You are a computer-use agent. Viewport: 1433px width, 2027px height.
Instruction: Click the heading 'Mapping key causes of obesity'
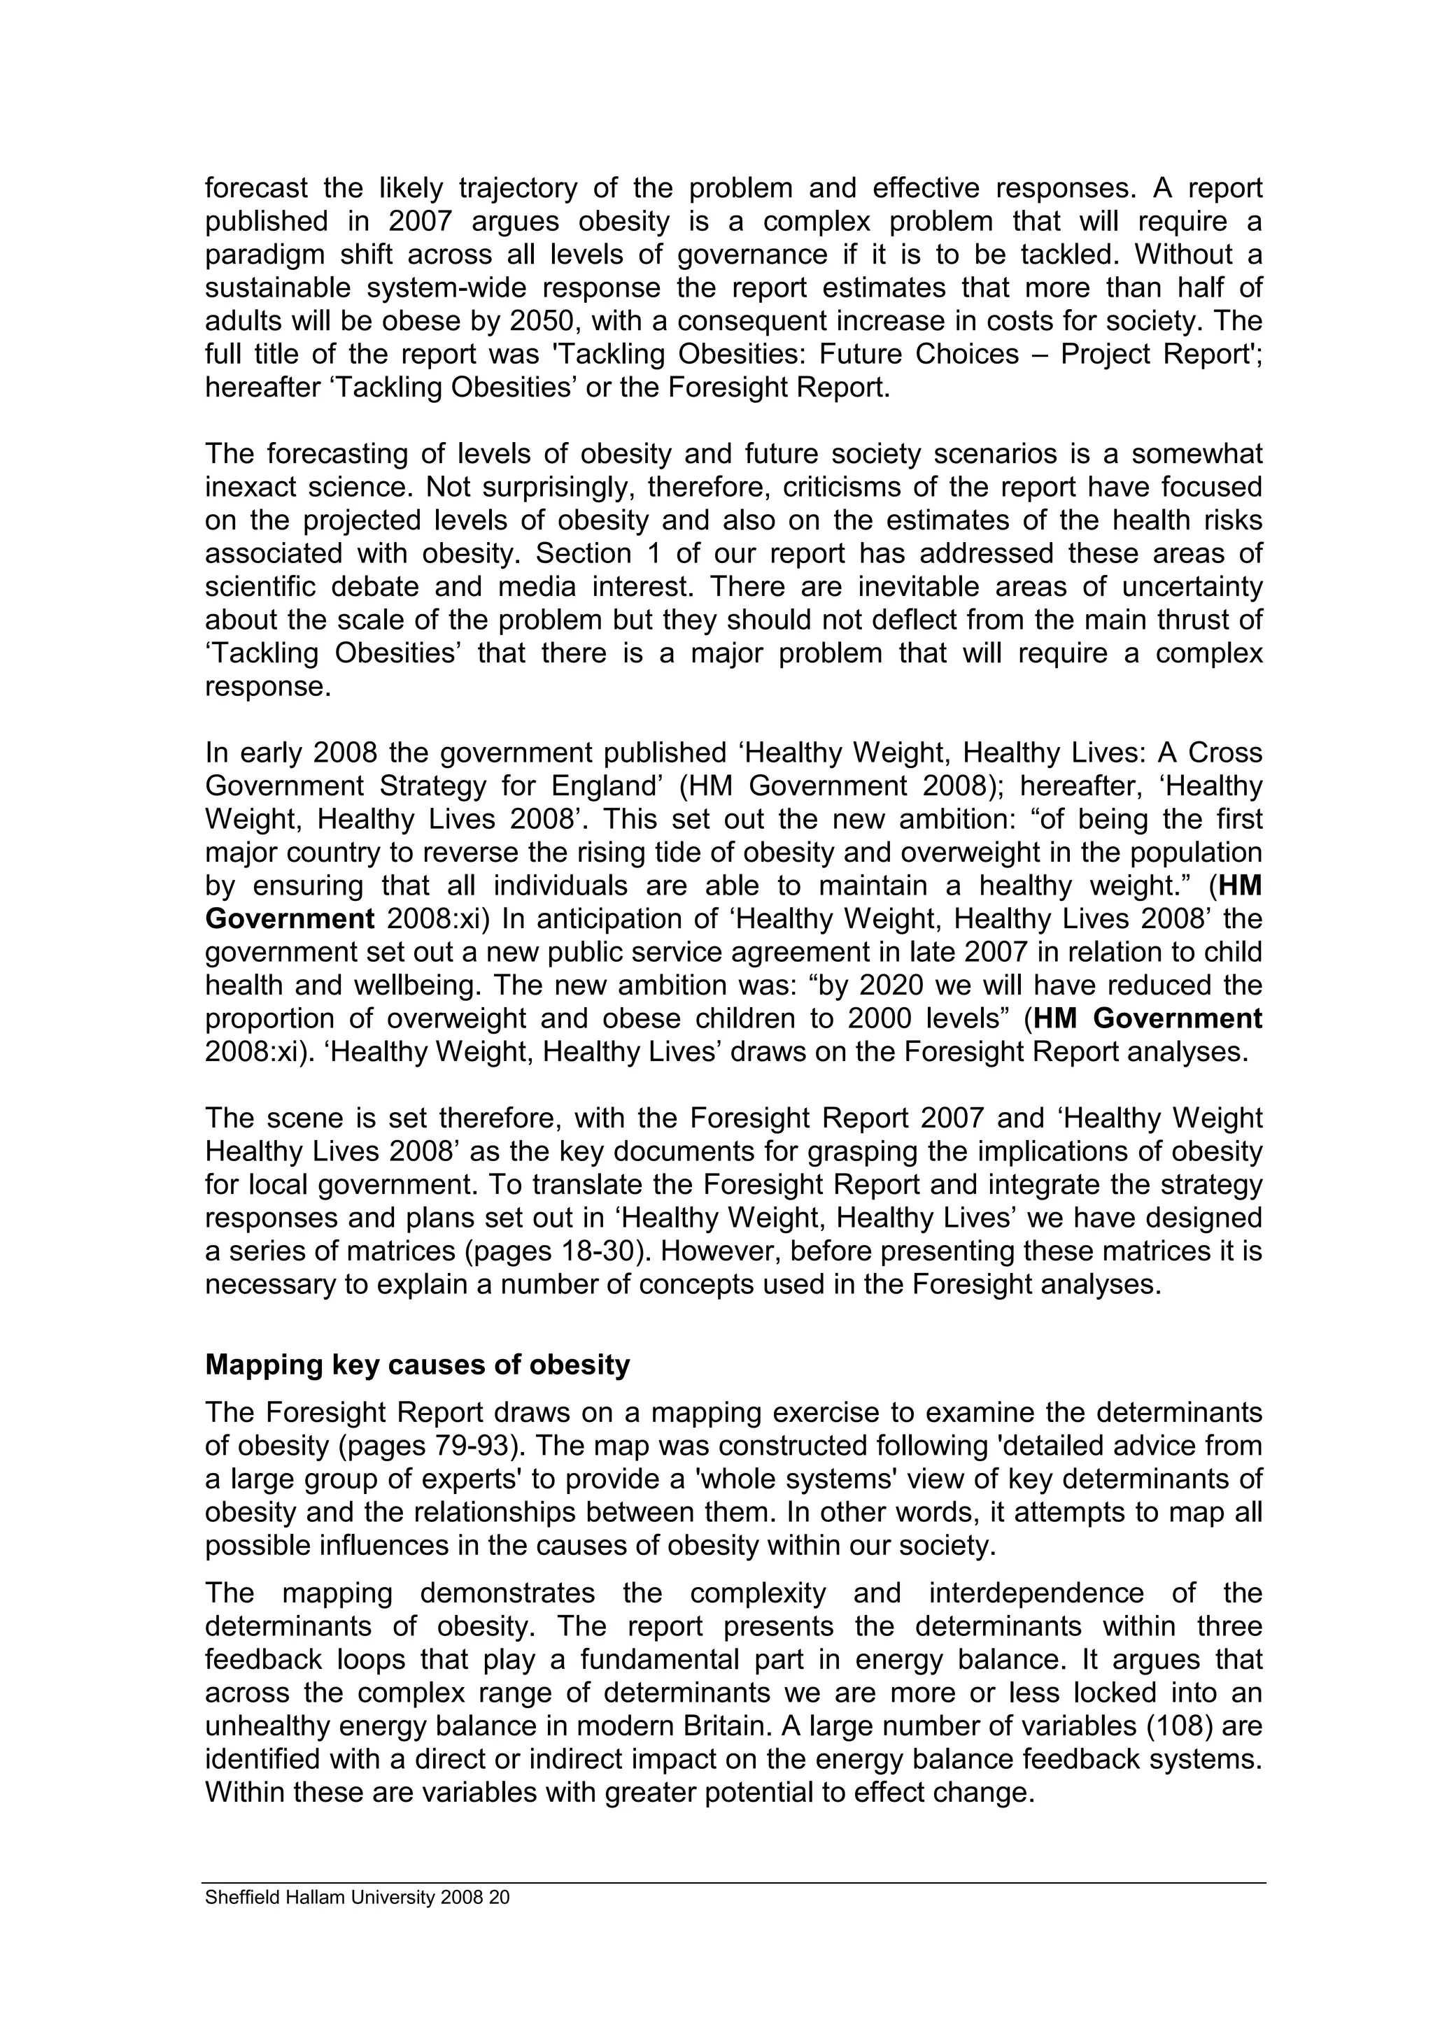(417, 1365)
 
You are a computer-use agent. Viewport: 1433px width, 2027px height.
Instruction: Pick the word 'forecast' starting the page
(256, 188)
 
